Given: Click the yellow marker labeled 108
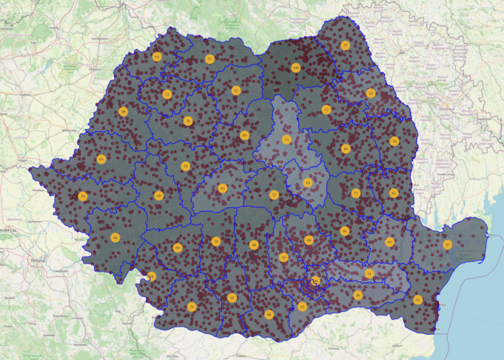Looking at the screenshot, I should (295, 67).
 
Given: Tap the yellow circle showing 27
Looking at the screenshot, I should (345, 45).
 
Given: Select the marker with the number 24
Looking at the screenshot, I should (371, 93).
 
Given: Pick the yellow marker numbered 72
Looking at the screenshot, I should (326, 110).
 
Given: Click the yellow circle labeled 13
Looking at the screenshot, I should (286, 139).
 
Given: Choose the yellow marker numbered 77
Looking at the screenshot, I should (209, 59).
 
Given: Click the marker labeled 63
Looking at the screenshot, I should (101, 159).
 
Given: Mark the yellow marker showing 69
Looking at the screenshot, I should (158, 196).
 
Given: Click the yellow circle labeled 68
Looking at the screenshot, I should (178, 247).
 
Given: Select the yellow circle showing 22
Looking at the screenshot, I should (302, 306).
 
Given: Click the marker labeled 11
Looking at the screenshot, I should (369, 274).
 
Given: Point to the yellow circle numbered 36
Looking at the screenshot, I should (357, 295).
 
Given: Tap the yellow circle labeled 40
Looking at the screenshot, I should (309, 240).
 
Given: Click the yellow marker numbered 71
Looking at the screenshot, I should (356, 193).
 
